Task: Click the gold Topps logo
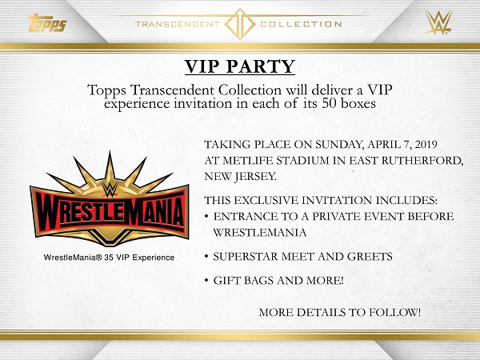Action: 47,23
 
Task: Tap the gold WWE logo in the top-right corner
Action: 438,22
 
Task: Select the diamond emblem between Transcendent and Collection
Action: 240,24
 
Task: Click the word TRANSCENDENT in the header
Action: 178,24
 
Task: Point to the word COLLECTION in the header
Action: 301,24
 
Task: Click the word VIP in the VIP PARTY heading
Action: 203,66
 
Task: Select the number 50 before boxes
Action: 330,104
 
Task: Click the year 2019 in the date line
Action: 426,145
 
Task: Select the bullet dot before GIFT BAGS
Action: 207,281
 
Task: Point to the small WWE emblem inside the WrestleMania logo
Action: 110,189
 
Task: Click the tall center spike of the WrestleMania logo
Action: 110,168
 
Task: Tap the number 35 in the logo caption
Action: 108,258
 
